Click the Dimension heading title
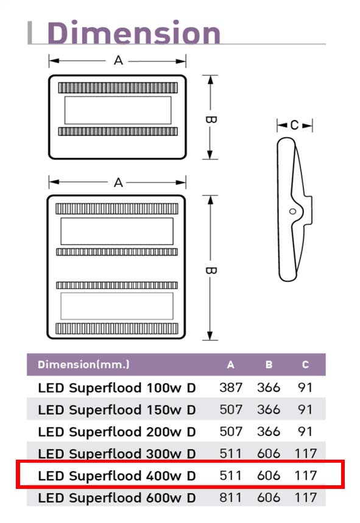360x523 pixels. point(134,32)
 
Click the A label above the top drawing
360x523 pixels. point(118,61)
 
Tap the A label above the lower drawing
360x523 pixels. point(118,183)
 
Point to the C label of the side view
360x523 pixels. point(294,125)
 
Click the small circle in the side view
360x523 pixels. point(292,211)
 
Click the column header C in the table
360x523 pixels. point(305,365)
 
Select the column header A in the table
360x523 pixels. point(230,365)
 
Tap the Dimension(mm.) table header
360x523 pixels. point(83,364)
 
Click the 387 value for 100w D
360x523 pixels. point(231,388)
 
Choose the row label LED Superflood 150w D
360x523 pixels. point(117,410)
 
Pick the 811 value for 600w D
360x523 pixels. point(231,497)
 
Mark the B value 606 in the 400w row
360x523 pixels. point(269,476)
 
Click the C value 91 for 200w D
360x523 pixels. point(305,432)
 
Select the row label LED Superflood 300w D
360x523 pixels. point(117,454)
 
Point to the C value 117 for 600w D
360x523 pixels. point(306,497)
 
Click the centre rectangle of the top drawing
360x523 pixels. point(118,110)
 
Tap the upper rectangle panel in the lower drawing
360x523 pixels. point(117,231)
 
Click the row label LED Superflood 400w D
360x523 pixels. point(117,476)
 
